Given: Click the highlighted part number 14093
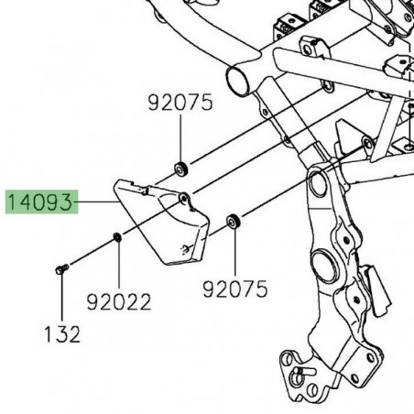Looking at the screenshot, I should point(43,201).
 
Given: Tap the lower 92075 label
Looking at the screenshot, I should point(236,289).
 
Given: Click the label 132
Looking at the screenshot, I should point(61,333).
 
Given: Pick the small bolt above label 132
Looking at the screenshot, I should point(61,267).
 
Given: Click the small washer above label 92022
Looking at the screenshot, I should point(117,238).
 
